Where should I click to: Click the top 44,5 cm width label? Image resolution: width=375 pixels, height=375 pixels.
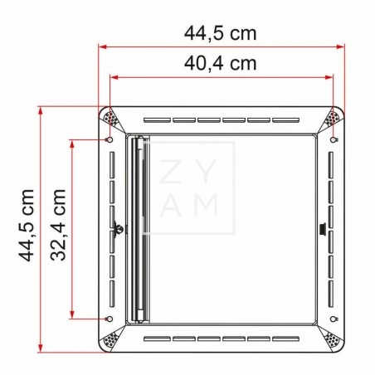[220, 33]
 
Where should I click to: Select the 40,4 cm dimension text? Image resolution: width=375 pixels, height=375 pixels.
[220, 62]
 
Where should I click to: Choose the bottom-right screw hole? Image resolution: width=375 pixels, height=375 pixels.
[334, 319]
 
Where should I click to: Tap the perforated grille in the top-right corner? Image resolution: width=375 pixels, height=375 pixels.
[334, 119]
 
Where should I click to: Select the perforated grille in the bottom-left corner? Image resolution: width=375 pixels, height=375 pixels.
[110, 339]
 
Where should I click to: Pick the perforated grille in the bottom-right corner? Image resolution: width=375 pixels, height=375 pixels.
[334, 339]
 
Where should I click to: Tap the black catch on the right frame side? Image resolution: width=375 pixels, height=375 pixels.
[323, 227]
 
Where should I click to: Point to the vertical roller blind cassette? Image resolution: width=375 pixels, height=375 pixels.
[139, 229]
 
